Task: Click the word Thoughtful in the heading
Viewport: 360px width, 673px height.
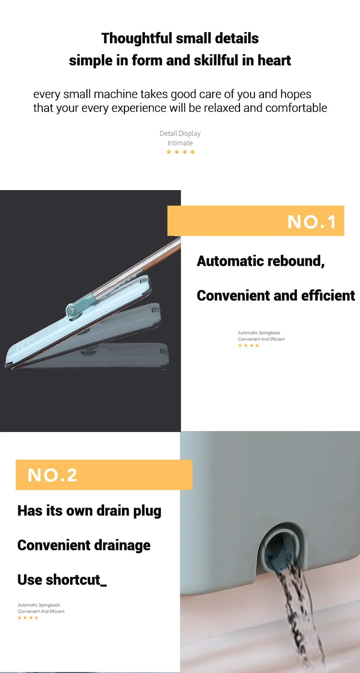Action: click(x=137, y=39)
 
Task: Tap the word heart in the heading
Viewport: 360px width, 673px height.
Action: click(x=275, y=60)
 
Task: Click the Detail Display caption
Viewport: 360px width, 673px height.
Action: click(x=180, y=133)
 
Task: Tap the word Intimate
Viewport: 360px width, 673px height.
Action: click(x=180, y=143)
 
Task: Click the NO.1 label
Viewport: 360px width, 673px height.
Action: click(x=312, y=222)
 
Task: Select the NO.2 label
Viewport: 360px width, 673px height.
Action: click(x=52, y=475)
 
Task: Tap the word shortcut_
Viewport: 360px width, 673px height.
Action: click(x=76, y=579)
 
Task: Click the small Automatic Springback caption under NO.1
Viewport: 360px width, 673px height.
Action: click(x=259, y=333)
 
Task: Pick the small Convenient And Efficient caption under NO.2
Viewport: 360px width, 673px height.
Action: click(x=41, y=611)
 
